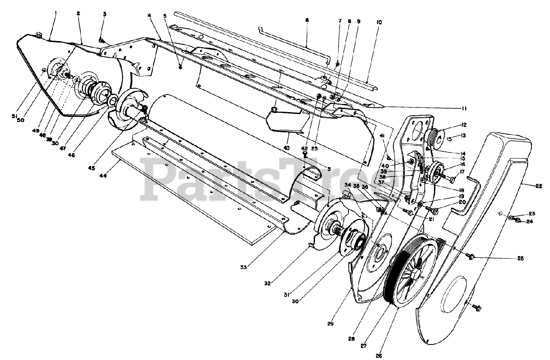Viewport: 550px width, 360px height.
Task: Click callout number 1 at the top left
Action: pos(55,13)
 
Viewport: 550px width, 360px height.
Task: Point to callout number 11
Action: pos(476,109)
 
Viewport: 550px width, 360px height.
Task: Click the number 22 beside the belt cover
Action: pos(539,186)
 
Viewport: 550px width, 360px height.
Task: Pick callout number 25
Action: pos(520,259)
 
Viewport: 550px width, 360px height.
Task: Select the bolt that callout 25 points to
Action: pos(470,256)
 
